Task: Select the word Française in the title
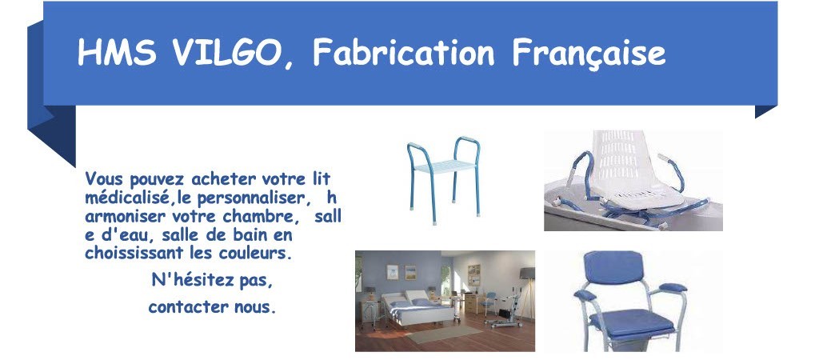[x=589, y=54]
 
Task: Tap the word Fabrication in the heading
[x=404, y=52]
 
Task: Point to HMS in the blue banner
[x=117, y=52]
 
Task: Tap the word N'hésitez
[x=193, y=281]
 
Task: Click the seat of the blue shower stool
[x=445, y=166]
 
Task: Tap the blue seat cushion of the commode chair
[x=632, y=324]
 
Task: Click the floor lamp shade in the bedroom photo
[x=527, y=274]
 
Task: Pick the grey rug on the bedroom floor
[x=444, y=333]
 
